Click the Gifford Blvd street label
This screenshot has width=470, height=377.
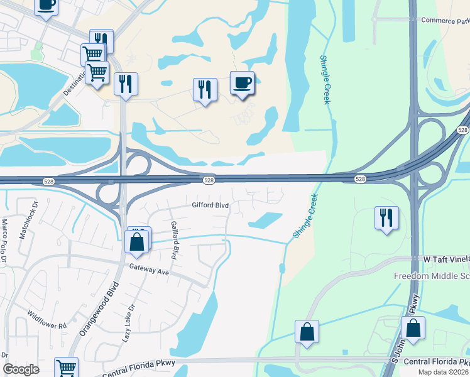pyautogui.click(x=210, y=205)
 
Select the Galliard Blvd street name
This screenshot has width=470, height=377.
pyautogui.click(x=175, y=240)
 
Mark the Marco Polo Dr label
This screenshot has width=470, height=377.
pyautogui.click(x=4, y=239)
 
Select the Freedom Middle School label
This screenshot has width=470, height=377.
pyautogui.click(x=432, y=276)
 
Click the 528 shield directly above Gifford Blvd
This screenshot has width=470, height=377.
pyautogui.click(x=210, y=180)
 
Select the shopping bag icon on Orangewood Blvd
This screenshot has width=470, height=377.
pyautogui.click(x=137, y=241)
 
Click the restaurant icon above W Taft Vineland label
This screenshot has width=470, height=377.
pyautogui.click(x=386, y=218)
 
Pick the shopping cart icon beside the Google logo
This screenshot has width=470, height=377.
pyautogui.click(x=66, y=368)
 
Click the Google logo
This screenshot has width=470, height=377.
pyautogui.click(x=21, y=369)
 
